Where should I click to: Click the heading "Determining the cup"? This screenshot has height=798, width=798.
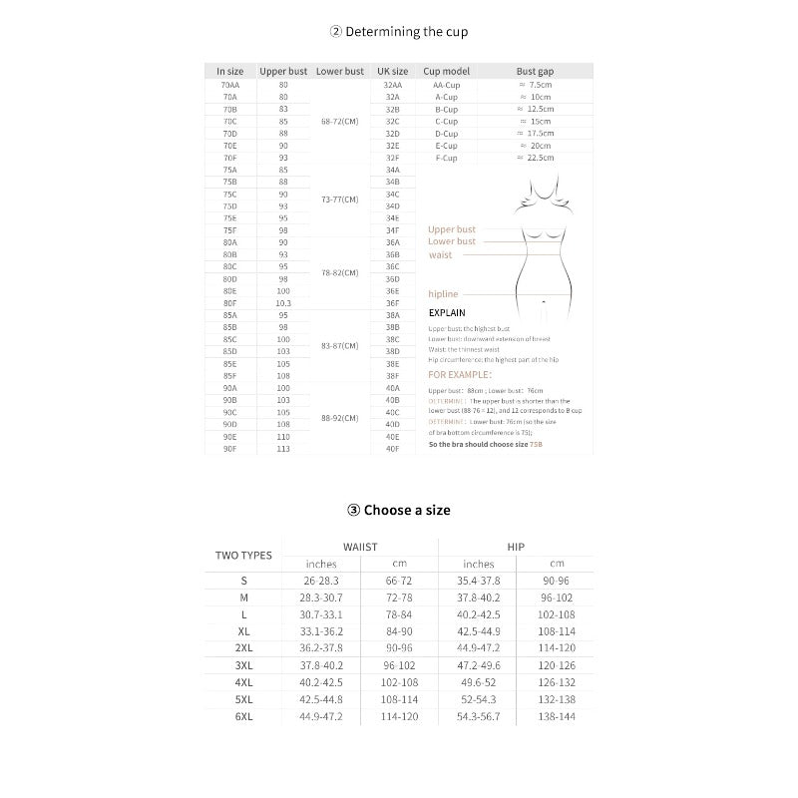tap(399, 31)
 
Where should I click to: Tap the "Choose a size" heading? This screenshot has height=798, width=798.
tap(399, 510)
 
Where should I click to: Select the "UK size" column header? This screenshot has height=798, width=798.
tap(392, 72)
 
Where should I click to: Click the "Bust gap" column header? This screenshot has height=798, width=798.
tap(535, 72)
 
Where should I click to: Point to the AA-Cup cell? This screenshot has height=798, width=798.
tap(446, 85)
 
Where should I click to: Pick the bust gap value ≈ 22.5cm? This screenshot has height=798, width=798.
tap(536, 158)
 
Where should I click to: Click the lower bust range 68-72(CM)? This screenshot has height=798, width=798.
tap(339, 121)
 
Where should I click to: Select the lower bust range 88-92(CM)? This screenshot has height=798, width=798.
tap(339, 418)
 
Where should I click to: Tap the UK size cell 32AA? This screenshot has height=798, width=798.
tap(392, 85)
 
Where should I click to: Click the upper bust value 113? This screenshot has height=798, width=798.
tap(283, 449)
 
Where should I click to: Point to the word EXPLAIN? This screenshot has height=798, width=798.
tap(447, 313)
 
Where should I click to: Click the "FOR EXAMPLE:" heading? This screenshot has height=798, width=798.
tap(459, 375)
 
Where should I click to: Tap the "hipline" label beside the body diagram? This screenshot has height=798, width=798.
tap(443, 294)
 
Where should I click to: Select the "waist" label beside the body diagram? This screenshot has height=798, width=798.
tap(440, 255)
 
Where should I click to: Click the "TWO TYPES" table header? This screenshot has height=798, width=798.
tap(243, 556)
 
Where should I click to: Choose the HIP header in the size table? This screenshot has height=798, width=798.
tap(516, 547)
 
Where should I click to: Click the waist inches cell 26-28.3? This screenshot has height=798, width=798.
tap(321, 580)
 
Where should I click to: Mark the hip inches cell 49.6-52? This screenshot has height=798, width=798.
tap(478, 681)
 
